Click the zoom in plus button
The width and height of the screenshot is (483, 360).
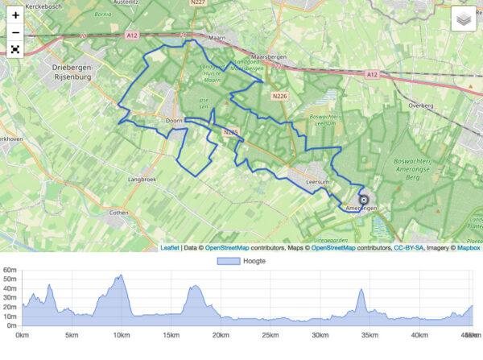click(15, 14)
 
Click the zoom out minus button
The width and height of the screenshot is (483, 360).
click(15, 32)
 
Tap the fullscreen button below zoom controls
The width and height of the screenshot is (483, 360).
click(15, 50)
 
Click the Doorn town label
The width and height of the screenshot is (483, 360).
click(174, 120)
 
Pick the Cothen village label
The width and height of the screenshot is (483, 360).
click(118, 213)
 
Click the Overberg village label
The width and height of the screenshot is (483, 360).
click(421, 105)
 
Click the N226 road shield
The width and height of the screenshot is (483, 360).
click(279, 97)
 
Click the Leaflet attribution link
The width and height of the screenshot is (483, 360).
click(170, 247)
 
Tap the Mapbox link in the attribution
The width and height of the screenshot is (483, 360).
click(469, 247)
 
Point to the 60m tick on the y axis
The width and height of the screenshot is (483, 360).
click(10, 271)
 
